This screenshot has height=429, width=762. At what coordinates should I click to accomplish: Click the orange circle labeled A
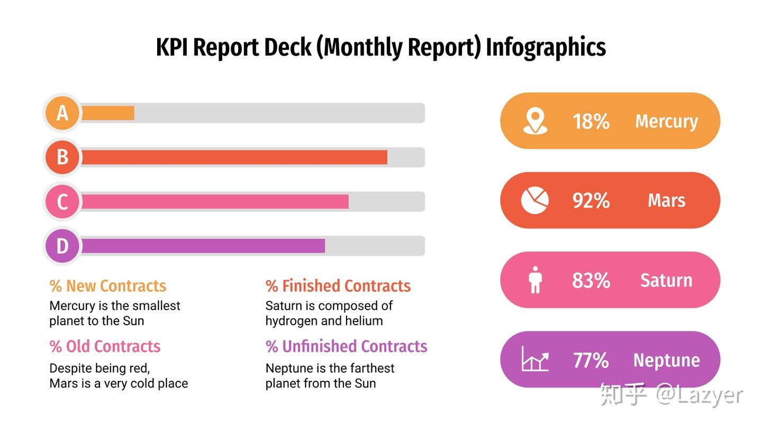pos(62,113)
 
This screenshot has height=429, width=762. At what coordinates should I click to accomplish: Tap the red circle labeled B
pos(62,157)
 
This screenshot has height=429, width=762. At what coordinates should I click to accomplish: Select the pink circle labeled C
pos(62,202)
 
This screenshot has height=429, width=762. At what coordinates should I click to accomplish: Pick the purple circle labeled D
pos(62,246)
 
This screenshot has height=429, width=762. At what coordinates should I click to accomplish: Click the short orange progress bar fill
pos(108,113)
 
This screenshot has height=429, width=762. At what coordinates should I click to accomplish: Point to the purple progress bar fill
pos(203,246)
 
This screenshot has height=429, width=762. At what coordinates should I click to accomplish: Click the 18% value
pos(591,121)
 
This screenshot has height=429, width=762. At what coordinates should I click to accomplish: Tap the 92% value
pos(591,201)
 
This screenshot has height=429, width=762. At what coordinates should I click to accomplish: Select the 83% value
pos(591,281)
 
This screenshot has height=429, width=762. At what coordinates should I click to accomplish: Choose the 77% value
pos(591,360)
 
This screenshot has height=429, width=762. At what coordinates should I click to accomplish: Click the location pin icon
pos(535,121)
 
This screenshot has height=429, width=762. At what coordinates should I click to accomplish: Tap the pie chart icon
pos(535,200)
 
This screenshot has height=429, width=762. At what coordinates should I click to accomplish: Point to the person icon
pos(536,280)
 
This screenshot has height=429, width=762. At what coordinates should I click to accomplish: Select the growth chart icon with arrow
pos(535,359)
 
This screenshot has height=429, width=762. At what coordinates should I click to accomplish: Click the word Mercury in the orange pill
pos(666,122)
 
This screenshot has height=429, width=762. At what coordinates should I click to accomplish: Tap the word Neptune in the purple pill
pos(666,361)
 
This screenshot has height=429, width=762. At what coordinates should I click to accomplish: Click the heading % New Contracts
pos(108,286)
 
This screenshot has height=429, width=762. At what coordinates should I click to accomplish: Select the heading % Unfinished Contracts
pos(346,346)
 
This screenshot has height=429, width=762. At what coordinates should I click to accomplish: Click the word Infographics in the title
pos(546,47)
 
